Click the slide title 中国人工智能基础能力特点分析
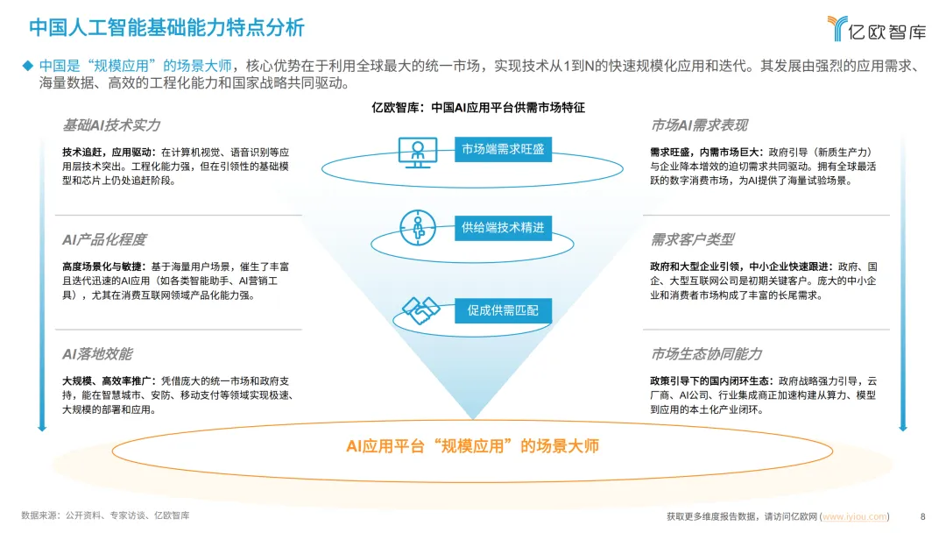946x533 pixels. click(167, 27)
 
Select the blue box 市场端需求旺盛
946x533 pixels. click(503, 149)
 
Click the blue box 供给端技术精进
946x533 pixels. click(503, 228)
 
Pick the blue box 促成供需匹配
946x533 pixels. click(503, 309)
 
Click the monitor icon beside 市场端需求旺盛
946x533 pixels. click(417, 151)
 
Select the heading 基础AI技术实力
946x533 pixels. click(111, 124)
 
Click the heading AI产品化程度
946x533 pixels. click(103, 239)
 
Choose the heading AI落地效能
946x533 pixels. click(96, 354)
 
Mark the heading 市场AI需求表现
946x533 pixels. click(699, 124)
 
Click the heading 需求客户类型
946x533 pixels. click(692, 239)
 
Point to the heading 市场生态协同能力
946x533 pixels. click(706, 354)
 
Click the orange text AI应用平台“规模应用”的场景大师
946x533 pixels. click(472, 446)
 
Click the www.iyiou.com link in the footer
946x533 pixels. click(854, 515)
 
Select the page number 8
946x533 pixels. click(922, 515)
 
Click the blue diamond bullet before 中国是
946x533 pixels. click(27, 66)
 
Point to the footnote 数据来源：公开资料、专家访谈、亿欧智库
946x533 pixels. click(105, 515)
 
